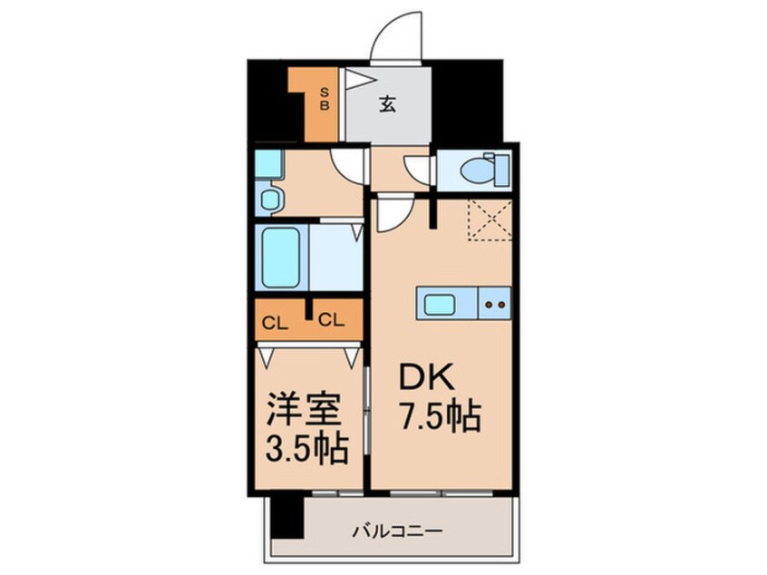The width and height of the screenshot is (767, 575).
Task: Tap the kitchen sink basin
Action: click(439, 304)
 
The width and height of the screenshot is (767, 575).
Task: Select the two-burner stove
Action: click(495, 304)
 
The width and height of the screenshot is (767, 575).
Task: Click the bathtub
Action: click(282, 257)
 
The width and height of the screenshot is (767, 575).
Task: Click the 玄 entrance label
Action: click(387, 103)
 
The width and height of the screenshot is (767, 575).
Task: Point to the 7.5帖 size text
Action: click(440, 418)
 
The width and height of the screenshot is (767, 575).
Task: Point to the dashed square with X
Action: click(490, 220)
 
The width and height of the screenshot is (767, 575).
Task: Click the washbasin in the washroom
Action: click(270, 198)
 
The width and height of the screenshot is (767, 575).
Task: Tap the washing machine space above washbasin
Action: click(268, 164)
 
